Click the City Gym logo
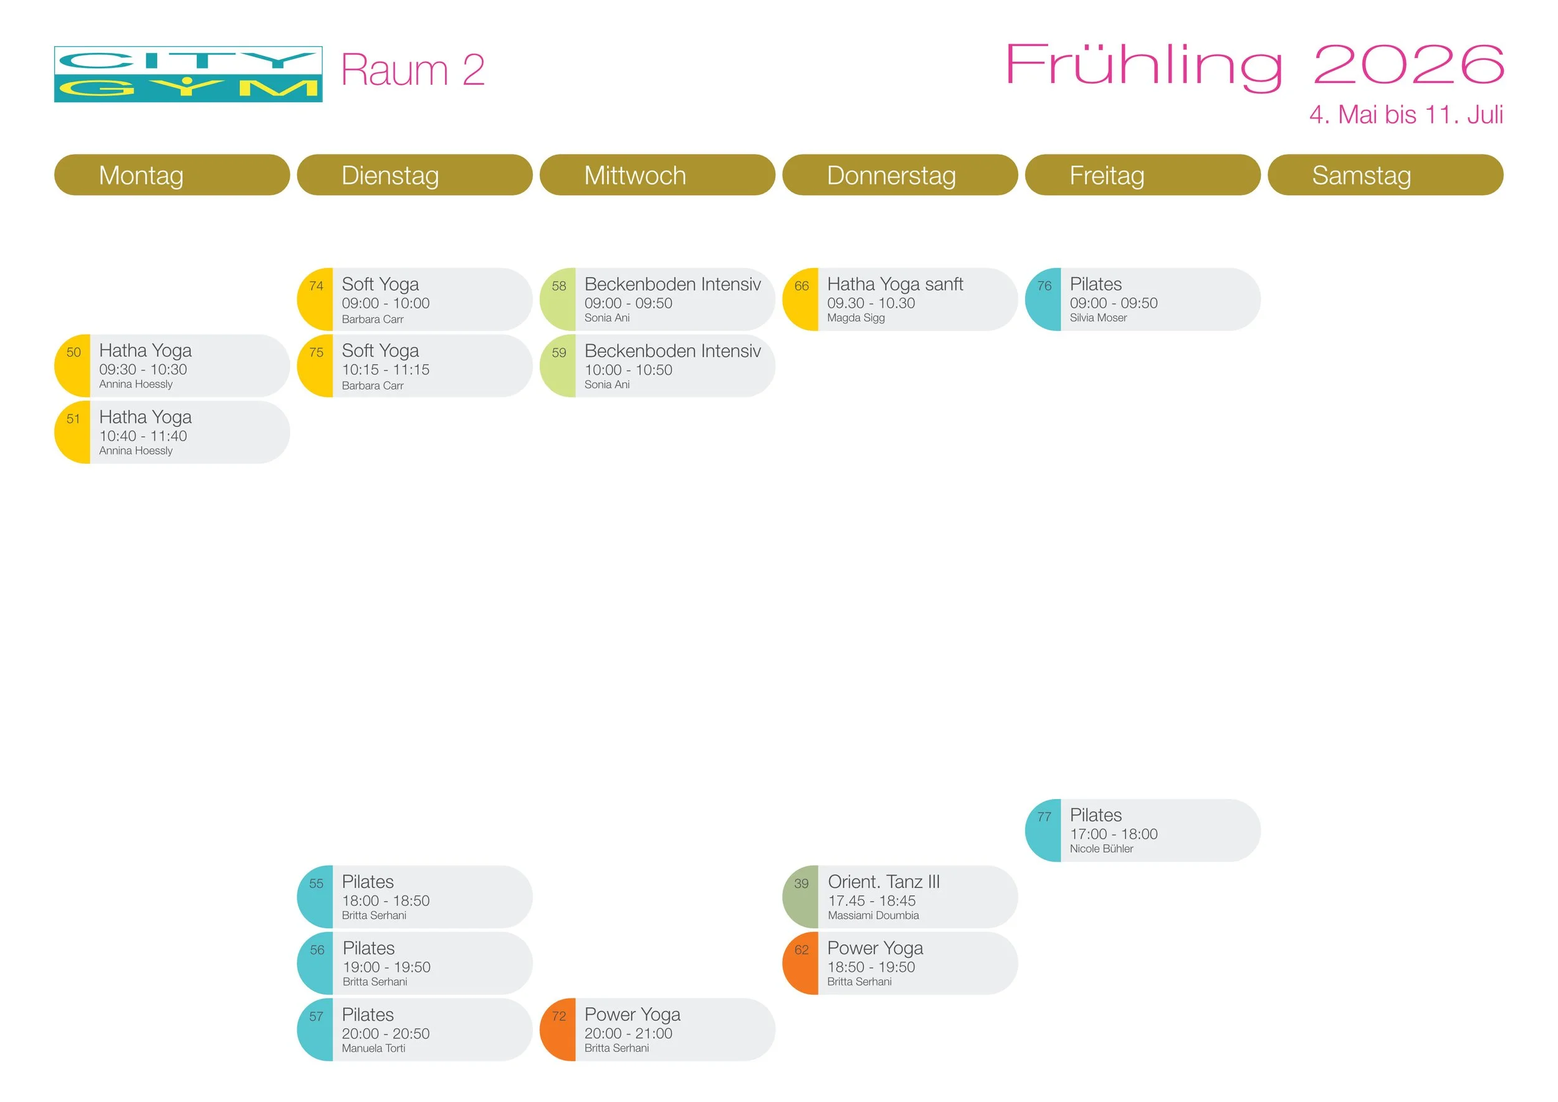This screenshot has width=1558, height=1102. click(188, 74)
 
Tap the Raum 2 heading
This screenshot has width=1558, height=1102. click(413, 70)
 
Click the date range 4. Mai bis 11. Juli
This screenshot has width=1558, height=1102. click(1405, 115)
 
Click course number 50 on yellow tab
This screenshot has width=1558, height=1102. click(74, 353)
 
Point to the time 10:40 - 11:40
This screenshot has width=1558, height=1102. click(143, 436)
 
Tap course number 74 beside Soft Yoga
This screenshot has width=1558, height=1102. click(316, 286)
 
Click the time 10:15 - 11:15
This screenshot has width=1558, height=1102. click(385, 370)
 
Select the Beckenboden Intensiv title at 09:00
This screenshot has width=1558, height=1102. click(672, 284)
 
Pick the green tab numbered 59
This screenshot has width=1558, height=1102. click(558, 353)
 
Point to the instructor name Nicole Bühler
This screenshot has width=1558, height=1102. click(1101, 849)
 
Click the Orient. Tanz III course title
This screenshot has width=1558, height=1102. click(884, 881)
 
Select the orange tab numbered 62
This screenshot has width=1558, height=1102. click(801, 950)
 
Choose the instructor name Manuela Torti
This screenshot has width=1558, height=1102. click(373, 1048)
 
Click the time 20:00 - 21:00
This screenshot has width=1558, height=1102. click(628, 1033)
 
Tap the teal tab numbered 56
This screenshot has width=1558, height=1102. click(317, 950)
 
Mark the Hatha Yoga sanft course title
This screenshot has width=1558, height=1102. click(895, 284)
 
